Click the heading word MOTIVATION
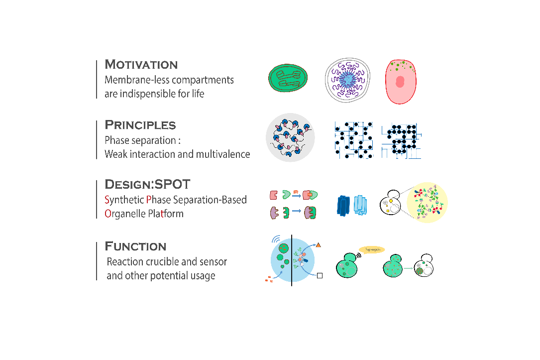pos(141,65)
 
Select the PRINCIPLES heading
pos(140,125)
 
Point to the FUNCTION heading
pos(135,246)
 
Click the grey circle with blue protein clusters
pos(290,137)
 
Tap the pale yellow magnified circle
pos(427,202)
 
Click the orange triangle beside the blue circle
pos(319,244)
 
